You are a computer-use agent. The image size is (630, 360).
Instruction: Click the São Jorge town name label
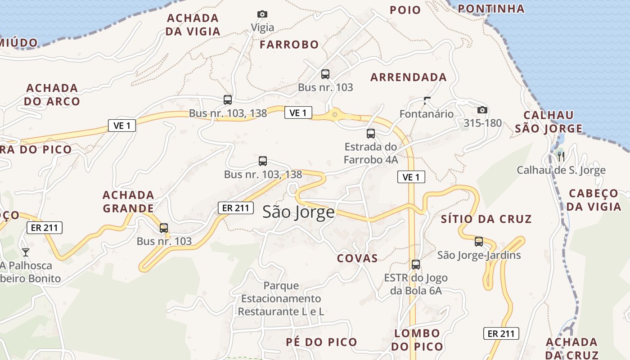click(x=298, y=212)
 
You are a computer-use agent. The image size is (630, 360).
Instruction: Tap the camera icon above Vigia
click(x=262, y=14)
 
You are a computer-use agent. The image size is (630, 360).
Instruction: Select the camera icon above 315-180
click(x=482, y=110)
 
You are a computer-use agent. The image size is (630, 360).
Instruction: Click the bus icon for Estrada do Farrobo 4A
click(x=370, y=134)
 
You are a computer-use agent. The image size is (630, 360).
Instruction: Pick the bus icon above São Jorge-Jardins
click(x=479, y=242)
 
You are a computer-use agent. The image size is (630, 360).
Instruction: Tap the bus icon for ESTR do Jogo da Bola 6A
click(x=416, y=265)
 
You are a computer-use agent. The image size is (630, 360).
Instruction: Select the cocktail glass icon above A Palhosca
click(x=26, y=252)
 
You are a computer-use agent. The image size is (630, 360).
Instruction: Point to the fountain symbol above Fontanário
click(x=427, y=100)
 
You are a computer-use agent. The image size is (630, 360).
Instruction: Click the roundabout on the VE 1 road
click(x=334, y=115)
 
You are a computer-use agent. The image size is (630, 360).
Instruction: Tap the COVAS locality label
click(x=357, y=258)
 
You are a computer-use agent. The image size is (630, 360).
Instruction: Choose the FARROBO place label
click(x=289, y=45)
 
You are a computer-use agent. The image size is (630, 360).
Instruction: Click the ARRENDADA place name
click(x=408, y=77)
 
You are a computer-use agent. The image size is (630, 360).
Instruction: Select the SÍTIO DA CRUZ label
click(x=486, y=219)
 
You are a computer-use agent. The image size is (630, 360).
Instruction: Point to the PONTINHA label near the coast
click(x=491, y=9)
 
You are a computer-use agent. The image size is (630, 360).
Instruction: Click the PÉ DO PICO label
click(x=321, y=342)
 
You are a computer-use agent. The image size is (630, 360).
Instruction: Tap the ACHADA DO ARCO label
click(x=52, y=94)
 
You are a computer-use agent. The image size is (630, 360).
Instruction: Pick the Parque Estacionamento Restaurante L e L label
click(x=281, y=298)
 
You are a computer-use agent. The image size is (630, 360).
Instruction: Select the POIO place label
click(x=405, y=10)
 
